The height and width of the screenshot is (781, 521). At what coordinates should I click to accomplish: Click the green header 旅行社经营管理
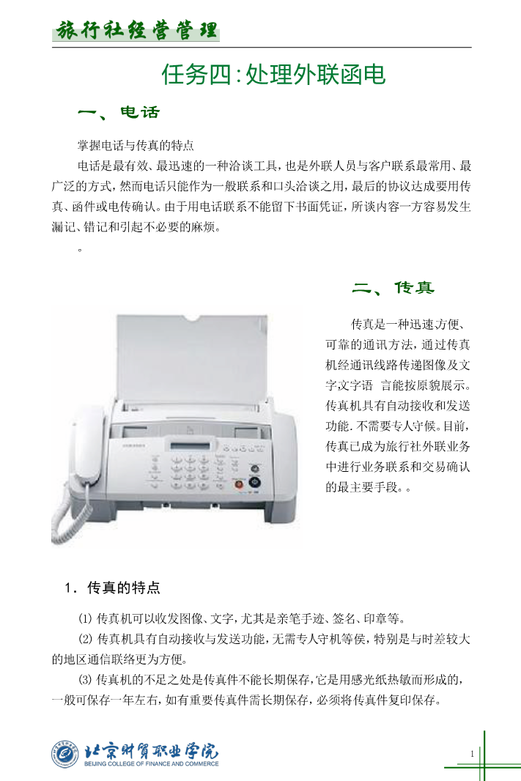point(136,30)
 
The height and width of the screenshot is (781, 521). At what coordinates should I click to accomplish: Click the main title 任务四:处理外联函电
point(273,75)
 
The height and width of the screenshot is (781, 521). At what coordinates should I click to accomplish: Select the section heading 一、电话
point(119,113)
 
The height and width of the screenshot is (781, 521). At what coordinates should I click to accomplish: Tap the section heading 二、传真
point(393,288)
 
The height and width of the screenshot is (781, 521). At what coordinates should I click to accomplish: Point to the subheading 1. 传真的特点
point(113,588)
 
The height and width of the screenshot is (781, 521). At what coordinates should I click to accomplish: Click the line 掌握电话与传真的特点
point(136,146)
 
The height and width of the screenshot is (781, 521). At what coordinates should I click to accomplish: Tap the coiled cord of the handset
point(67,518)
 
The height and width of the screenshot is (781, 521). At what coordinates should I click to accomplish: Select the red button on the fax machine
point(239,483)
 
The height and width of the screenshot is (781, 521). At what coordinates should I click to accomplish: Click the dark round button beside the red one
point(254,482)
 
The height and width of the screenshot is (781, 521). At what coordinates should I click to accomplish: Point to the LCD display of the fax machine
point(191,445)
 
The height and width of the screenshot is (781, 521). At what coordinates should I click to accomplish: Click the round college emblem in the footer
point(65,754)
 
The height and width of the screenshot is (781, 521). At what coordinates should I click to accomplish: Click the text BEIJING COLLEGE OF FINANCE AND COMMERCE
point(152,763)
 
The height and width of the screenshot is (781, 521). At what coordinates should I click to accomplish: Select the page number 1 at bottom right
point(472,754)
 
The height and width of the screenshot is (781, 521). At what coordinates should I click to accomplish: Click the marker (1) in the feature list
point(85,618)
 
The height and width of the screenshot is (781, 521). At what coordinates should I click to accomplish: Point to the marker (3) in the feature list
point(85,679)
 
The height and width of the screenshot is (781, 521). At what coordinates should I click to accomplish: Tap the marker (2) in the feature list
point(85,639)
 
